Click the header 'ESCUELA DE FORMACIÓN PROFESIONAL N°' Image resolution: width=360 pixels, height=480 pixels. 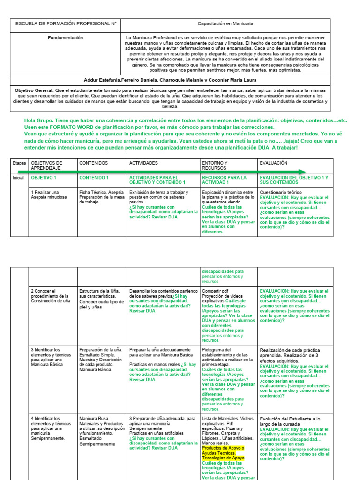point(66,23)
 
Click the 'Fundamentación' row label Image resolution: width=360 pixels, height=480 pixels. point(66,37)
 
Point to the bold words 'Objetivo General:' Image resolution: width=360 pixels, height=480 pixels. point(34,90)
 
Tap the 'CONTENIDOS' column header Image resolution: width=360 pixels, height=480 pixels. point(93,163)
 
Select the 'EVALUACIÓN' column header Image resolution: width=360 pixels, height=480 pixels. point(274,163)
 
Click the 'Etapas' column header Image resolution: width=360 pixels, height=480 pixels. point(19,163)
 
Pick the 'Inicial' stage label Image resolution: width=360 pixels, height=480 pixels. point(19,178)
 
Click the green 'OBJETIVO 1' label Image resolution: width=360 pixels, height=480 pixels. point(44,178)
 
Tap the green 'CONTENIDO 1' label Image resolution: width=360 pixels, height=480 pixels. point(94,178)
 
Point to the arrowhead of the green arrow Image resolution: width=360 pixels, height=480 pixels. point(303,172)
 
